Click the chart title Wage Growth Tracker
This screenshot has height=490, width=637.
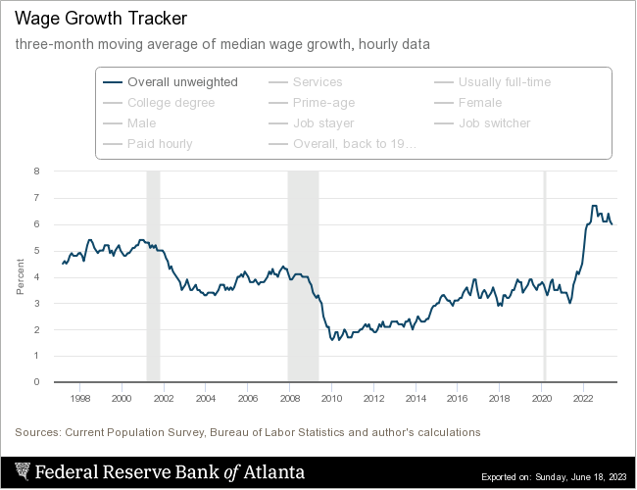tap(86, 19)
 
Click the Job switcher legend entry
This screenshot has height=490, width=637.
tap(494, 123)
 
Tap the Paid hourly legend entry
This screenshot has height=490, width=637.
tap(160, 144)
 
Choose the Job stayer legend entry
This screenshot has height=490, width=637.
tap(323, 123)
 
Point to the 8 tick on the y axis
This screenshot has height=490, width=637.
tap(36, 171)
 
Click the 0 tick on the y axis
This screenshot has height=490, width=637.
tap(36, 382)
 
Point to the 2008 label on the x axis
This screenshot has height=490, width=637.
tap(290, 399)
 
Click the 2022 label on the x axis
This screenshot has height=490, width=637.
tap(583, 399)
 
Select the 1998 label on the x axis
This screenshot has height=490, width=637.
tap(80, 399)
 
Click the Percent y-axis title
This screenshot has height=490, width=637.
tap(21, 276)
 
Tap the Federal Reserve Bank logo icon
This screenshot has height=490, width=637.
tap(23, 472)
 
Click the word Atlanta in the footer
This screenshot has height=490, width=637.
tap(273, 472)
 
